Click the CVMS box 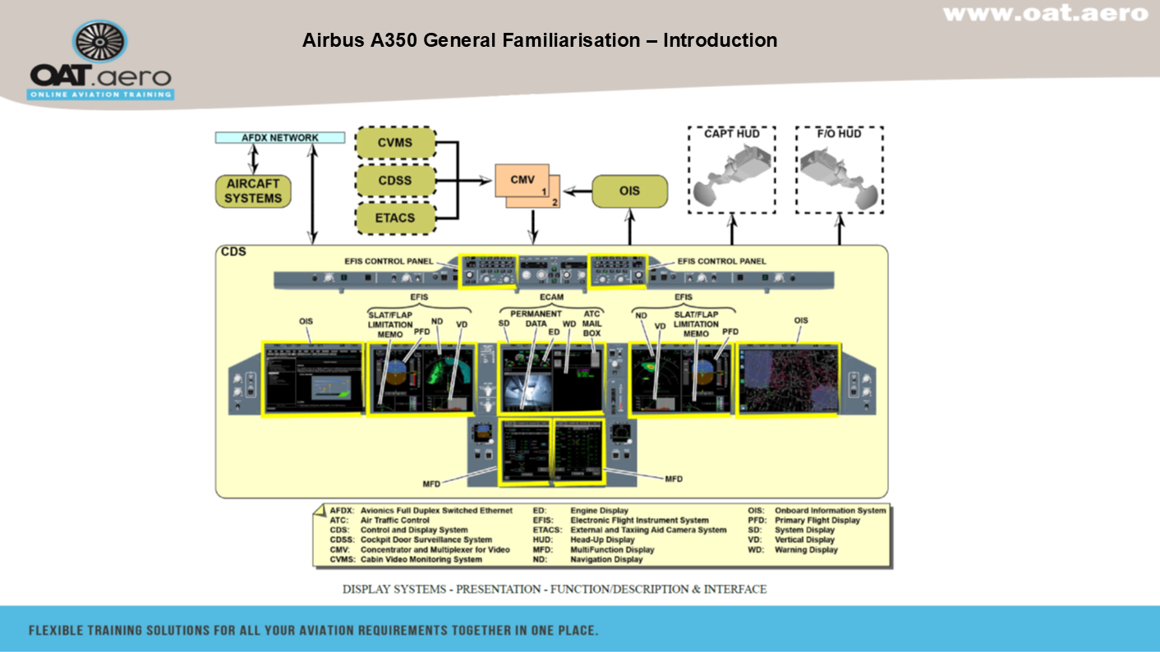click(x=395, y=143)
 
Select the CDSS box click(x=395, y=181)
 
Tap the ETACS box click(x=395, y=218)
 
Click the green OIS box click(x=629, y=191)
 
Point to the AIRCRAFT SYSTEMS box click(x=253, y=191)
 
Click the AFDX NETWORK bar click(x=280, y=138)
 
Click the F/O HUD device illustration click(x=839, y=177)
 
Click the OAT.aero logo click(x=100, y=62)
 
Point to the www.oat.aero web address click(x=1045, y=13)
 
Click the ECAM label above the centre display click(x=552, y=297)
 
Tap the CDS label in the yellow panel click(x=233, y=252)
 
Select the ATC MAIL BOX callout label click(x=592, y=324)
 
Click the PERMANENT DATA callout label click(x=536, y=319)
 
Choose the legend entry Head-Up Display click(x=602, y=540)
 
